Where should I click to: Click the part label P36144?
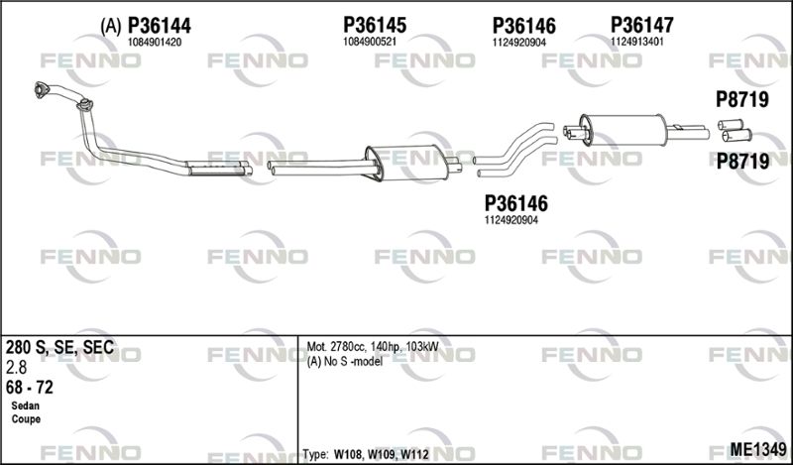coord(160,26)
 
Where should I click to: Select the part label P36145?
coord(375,25)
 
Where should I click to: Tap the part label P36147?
coord(642,25)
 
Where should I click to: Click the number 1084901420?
coord(155,43)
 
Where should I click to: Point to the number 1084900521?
coord(370,42)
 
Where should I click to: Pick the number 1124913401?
coord(637,42)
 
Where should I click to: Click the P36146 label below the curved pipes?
coord(515,204)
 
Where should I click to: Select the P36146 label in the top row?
coord(524,26)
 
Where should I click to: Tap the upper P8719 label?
coord(741,100)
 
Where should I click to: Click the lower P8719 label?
coord(742,162)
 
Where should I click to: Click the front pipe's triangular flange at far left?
coord(41,89)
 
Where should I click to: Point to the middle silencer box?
coord(407,163)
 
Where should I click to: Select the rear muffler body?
coord(623,130)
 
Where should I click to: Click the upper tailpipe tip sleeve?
coord(731,125)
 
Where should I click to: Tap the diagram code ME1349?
coord(758,449)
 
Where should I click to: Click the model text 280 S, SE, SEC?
coord(59,348)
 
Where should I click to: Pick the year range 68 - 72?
coord(30,388)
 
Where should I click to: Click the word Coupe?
coord(26,419)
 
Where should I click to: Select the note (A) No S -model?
coord(344,362)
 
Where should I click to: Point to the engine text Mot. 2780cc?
coord(336,347)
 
